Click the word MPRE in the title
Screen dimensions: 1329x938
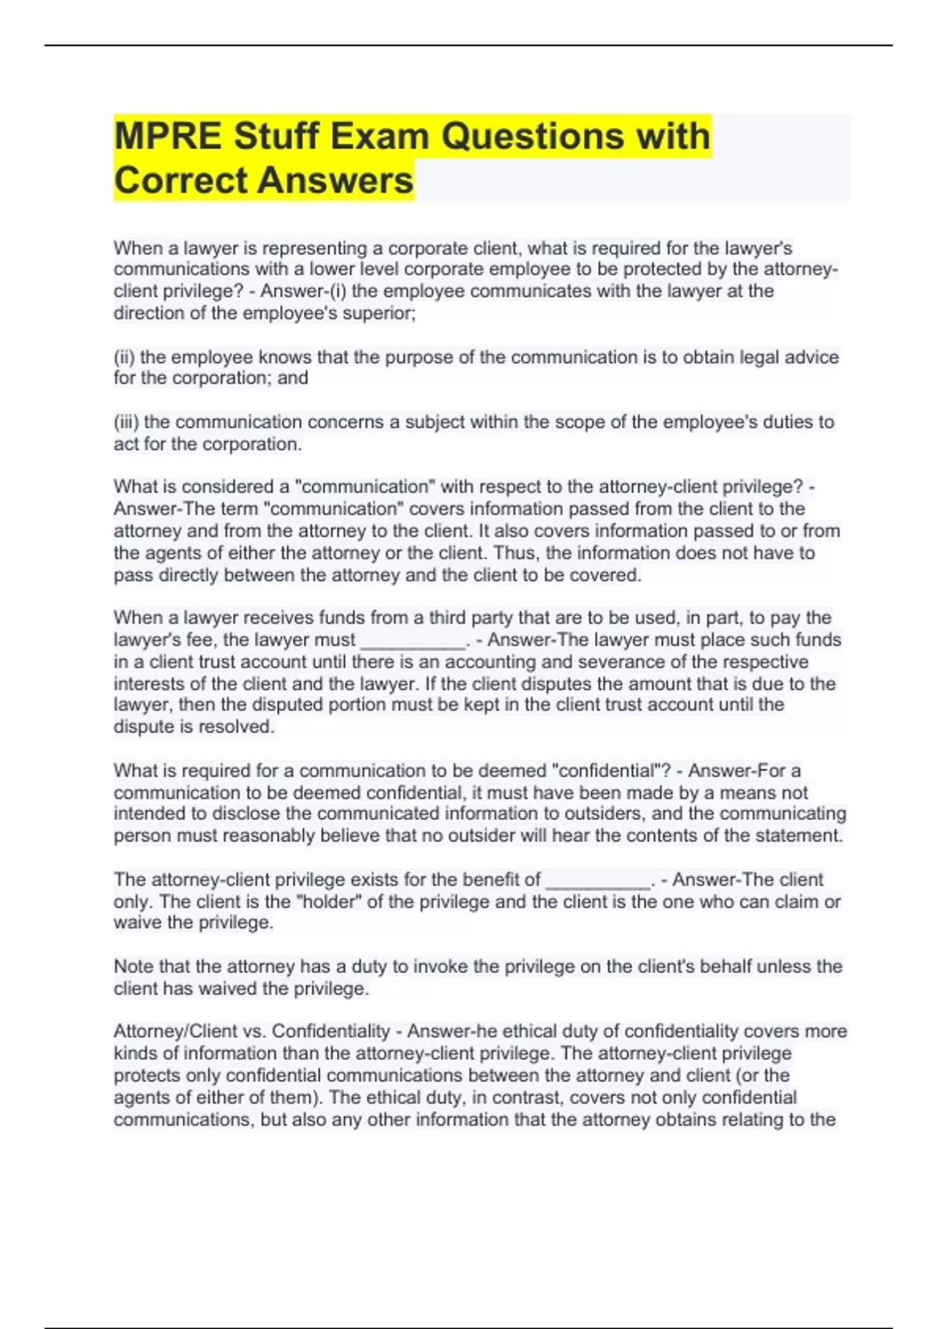coord(167,136)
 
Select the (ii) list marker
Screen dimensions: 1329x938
coord(124,357)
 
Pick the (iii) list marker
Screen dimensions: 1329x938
coord(127,422)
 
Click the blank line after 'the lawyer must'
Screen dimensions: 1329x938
coord(412,640)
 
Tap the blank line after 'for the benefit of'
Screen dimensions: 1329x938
coord(598,880)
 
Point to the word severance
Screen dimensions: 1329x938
coord(648,662)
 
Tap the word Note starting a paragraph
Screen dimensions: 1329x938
coord(134,966)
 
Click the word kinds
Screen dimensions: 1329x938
coord(135,1053)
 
